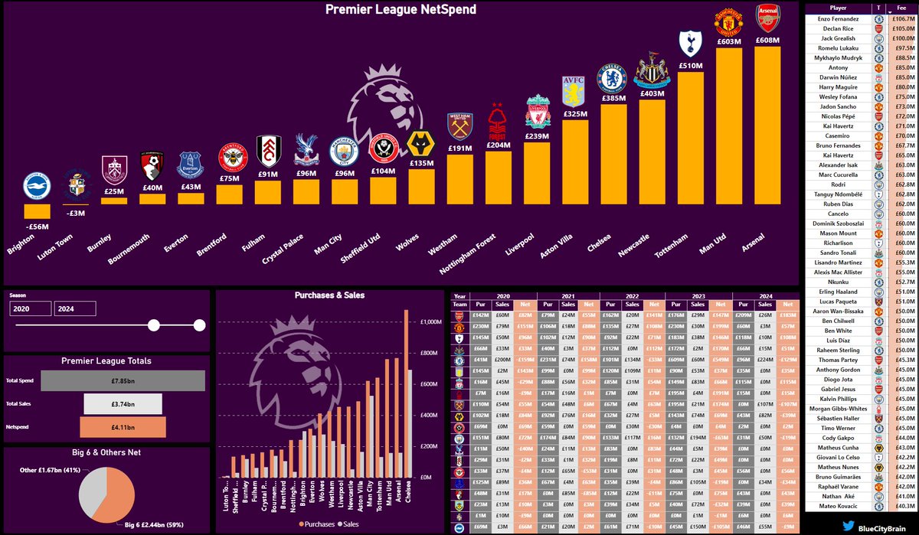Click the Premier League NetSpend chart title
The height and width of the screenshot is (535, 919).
click(401, 10)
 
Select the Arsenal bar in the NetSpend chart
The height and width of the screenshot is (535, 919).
click(768, 130)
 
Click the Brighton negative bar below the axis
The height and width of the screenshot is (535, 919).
click(37, 211)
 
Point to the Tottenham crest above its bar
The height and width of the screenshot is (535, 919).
click(692, 44)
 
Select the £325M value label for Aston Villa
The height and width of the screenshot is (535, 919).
click(575, 113)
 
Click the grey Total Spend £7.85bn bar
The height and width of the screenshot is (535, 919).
click(123, 381)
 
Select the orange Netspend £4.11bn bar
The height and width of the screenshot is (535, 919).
click(123, 427)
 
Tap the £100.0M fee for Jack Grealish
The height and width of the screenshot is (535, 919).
click(903, 38)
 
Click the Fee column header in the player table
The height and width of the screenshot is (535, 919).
click(901, 7)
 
